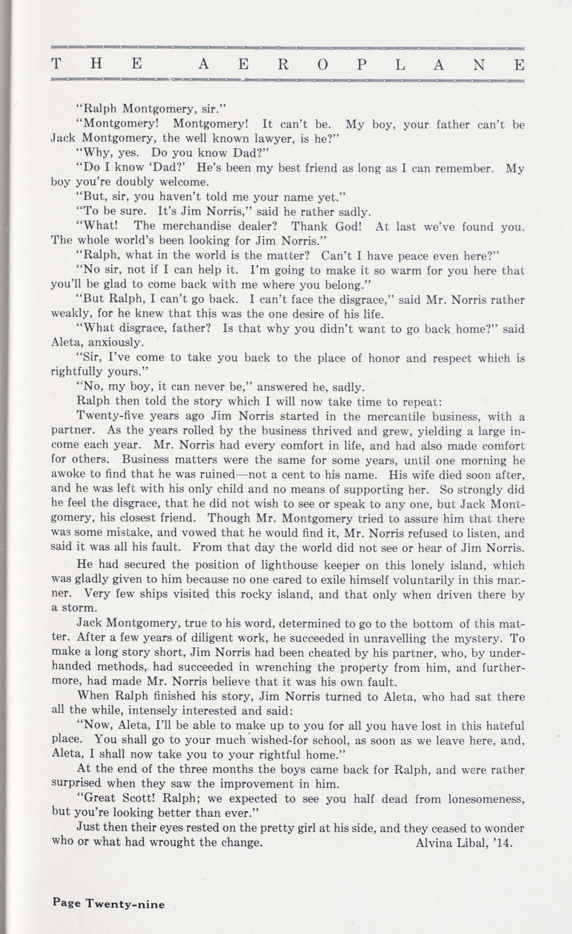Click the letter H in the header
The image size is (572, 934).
(x=96, y=65)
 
